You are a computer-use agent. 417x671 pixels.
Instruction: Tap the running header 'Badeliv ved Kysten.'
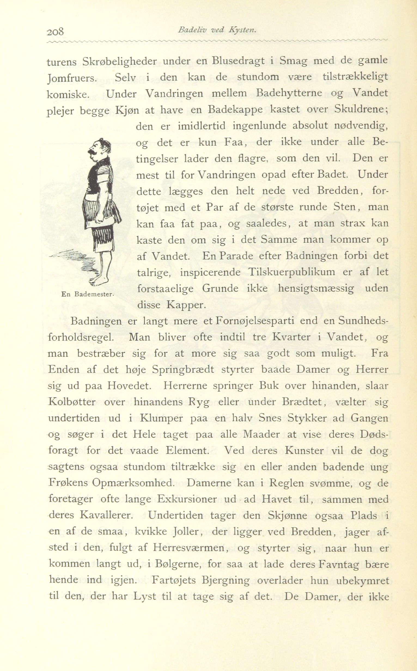click(218, 30)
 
